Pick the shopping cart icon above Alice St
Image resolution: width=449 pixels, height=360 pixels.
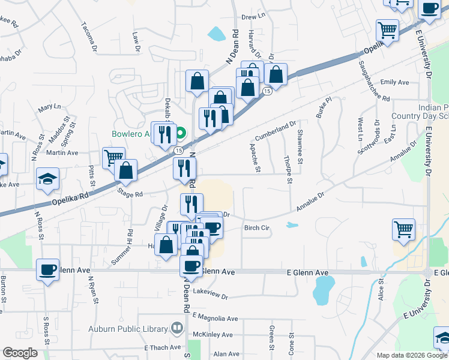tap(404, 229)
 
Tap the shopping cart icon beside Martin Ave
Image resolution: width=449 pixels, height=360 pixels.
tap(113, 158)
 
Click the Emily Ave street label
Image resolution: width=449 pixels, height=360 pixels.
tap(394, 82)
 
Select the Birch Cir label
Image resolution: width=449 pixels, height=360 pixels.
tap(256, 228)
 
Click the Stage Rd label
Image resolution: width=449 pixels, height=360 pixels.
tap(130, 194)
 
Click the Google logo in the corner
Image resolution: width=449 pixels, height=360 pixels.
tap(20, 353)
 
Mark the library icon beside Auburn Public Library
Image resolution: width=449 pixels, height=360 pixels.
tap(176, 328)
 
